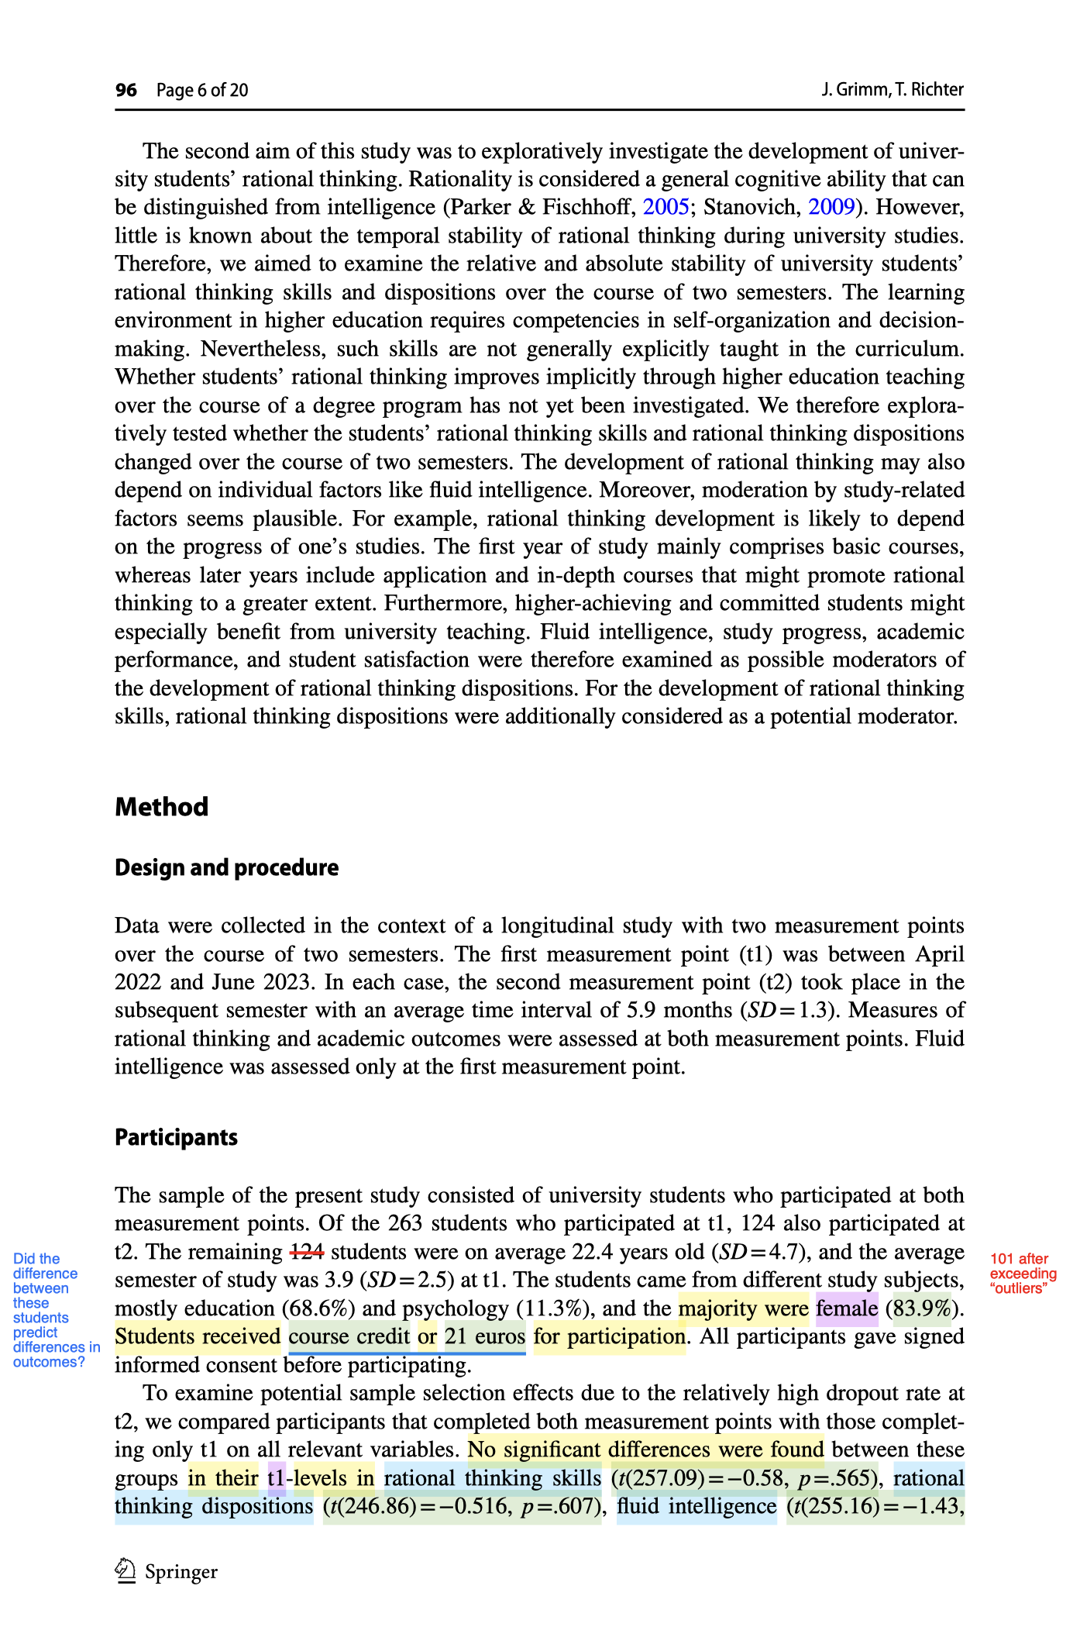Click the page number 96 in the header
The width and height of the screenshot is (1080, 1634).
tap(126, 90)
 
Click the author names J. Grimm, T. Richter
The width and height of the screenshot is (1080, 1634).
tap(893, 90)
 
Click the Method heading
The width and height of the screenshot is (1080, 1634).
tap(161, 807)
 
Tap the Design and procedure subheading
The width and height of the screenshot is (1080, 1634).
tap(226, 867)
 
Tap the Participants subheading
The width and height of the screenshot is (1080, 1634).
tap(176, 1137)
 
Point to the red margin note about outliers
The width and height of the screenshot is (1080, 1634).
tap(1023, 1274)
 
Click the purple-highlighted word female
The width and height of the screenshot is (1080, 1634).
tap(846, 1308)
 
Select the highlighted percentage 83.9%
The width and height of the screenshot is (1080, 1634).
tap(923, 1308)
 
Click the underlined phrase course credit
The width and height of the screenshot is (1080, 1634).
tap(349, 1336)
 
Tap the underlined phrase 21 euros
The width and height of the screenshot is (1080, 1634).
tap(485, 1336)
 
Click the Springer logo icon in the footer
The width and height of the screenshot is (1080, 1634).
tap(126, 1571)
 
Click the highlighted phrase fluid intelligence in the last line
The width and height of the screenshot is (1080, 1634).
tap(696, 1506)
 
